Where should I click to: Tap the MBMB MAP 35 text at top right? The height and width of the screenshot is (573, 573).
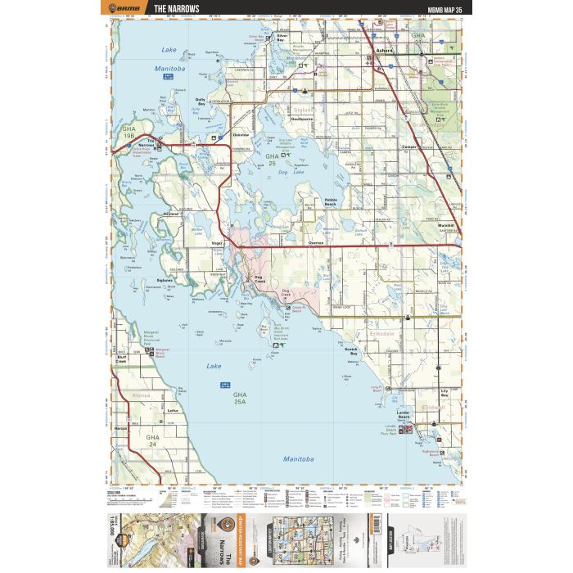(444, 10)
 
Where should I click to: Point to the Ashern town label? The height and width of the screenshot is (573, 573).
(385, 52)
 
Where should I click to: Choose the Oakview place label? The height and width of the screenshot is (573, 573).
(241, 134)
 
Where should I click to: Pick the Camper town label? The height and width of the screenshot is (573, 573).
(410, 147)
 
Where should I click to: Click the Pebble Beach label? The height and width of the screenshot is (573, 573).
(331, 201)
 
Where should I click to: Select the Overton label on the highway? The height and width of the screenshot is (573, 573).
(316, 244)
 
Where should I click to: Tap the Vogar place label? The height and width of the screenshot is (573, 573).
(217, 244)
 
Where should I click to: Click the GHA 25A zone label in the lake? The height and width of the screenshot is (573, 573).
(240, 399)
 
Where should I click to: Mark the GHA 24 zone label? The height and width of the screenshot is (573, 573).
(152, 441)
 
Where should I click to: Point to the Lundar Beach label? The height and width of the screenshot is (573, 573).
(403, 415)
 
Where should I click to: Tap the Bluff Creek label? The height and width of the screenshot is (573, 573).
(122, 358)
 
